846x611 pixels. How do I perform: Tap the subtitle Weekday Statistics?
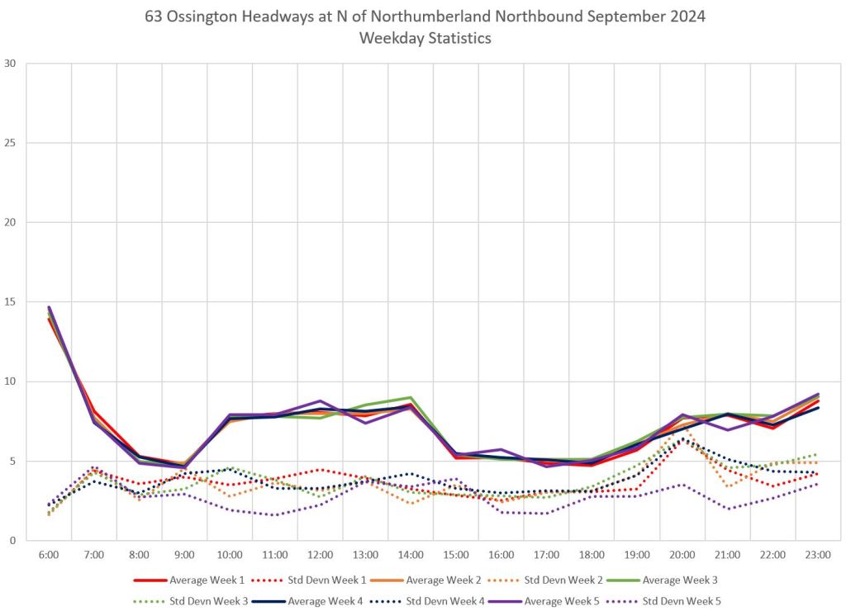422,38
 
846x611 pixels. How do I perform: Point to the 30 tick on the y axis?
11,64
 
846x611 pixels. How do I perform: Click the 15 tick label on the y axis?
11,302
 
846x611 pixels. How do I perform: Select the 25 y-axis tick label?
11,143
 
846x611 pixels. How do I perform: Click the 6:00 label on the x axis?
49,556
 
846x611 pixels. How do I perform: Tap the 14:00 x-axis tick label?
411,556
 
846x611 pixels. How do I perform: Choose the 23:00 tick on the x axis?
818,556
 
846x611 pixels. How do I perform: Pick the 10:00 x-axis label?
230,556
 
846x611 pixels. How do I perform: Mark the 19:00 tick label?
637,556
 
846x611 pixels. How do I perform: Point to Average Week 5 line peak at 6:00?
49,307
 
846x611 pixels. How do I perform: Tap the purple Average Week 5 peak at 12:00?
321,401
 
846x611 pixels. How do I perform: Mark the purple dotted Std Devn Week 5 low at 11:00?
275,515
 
